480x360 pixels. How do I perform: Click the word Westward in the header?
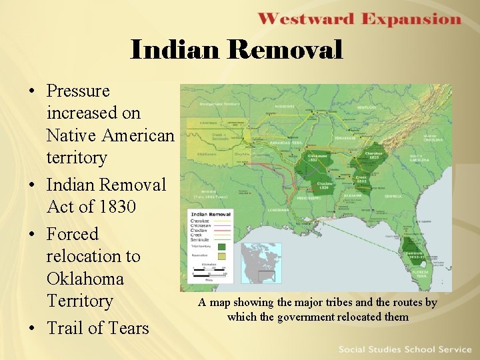(x=305, y=19)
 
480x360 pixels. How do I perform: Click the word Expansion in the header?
(x=411, y=19)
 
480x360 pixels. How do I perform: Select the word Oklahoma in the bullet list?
(x=85, y=278)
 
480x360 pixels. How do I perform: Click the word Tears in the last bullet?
(x=127, y=327)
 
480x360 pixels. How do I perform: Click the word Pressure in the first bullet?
(x=78, y=91)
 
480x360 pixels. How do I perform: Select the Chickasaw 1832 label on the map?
(x=317, y=158)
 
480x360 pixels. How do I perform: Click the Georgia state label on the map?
(x=393, y=197)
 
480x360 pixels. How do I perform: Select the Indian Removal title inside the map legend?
(x=211, y=215)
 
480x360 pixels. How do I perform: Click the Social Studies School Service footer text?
(x=405, y=349)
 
